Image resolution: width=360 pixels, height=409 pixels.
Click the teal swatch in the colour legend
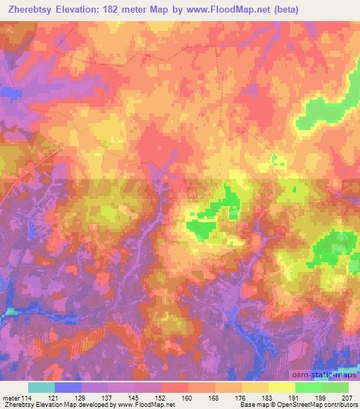(x=41, y=387)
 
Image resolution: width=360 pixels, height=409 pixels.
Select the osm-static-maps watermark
(x=330, y=372)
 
